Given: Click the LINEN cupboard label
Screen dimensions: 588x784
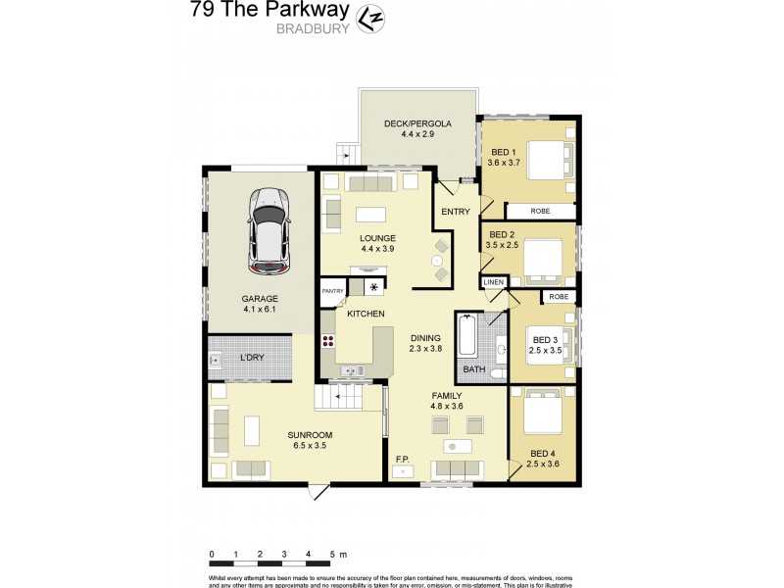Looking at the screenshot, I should click(x=494, y=282).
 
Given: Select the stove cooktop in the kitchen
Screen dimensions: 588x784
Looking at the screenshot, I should click(x=328, y=343).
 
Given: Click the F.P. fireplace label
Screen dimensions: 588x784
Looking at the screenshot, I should click(x=401, y=459).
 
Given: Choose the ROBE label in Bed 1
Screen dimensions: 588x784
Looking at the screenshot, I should click(x=540, y=211).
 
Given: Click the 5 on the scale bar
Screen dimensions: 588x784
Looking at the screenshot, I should click(x=332, y=555).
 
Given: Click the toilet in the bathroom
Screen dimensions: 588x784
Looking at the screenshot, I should click(x=497, y=374).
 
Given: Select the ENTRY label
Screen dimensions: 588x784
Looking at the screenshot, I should click(x=457, y=212).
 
